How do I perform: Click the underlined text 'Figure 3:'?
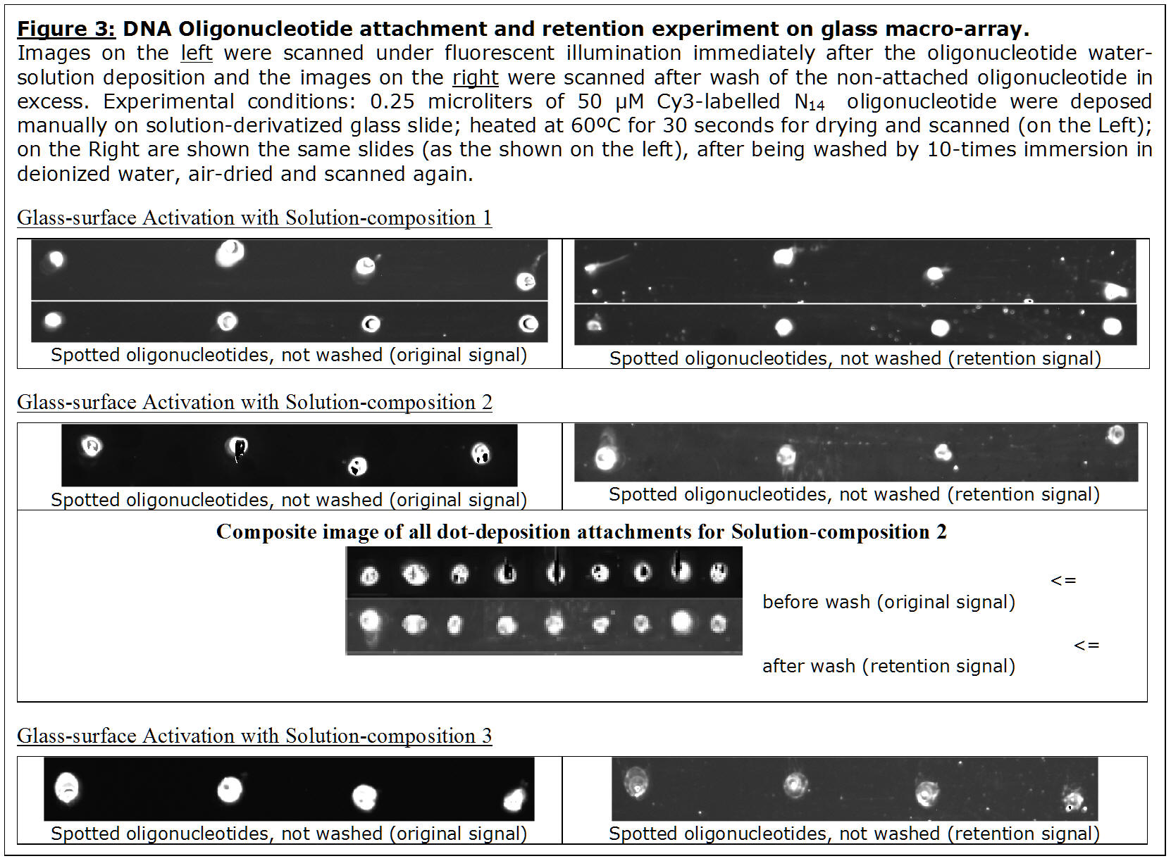[66, 30]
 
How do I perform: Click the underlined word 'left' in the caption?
[197, 54]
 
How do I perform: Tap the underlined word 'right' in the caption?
[475, 78]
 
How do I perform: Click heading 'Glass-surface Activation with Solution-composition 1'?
[254, 218]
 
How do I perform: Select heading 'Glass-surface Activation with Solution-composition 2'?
[254, 402]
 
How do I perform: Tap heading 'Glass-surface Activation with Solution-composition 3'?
[254, 736]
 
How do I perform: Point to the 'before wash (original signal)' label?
[888, 603]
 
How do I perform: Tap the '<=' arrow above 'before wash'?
[1063, 581]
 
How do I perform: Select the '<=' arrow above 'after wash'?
[1087, 646]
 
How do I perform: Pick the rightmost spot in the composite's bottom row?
[719, 624]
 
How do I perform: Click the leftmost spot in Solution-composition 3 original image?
[67, 788]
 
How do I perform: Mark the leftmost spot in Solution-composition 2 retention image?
[606, 458]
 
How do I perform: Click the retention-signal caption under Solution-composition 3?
[855, 834]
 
